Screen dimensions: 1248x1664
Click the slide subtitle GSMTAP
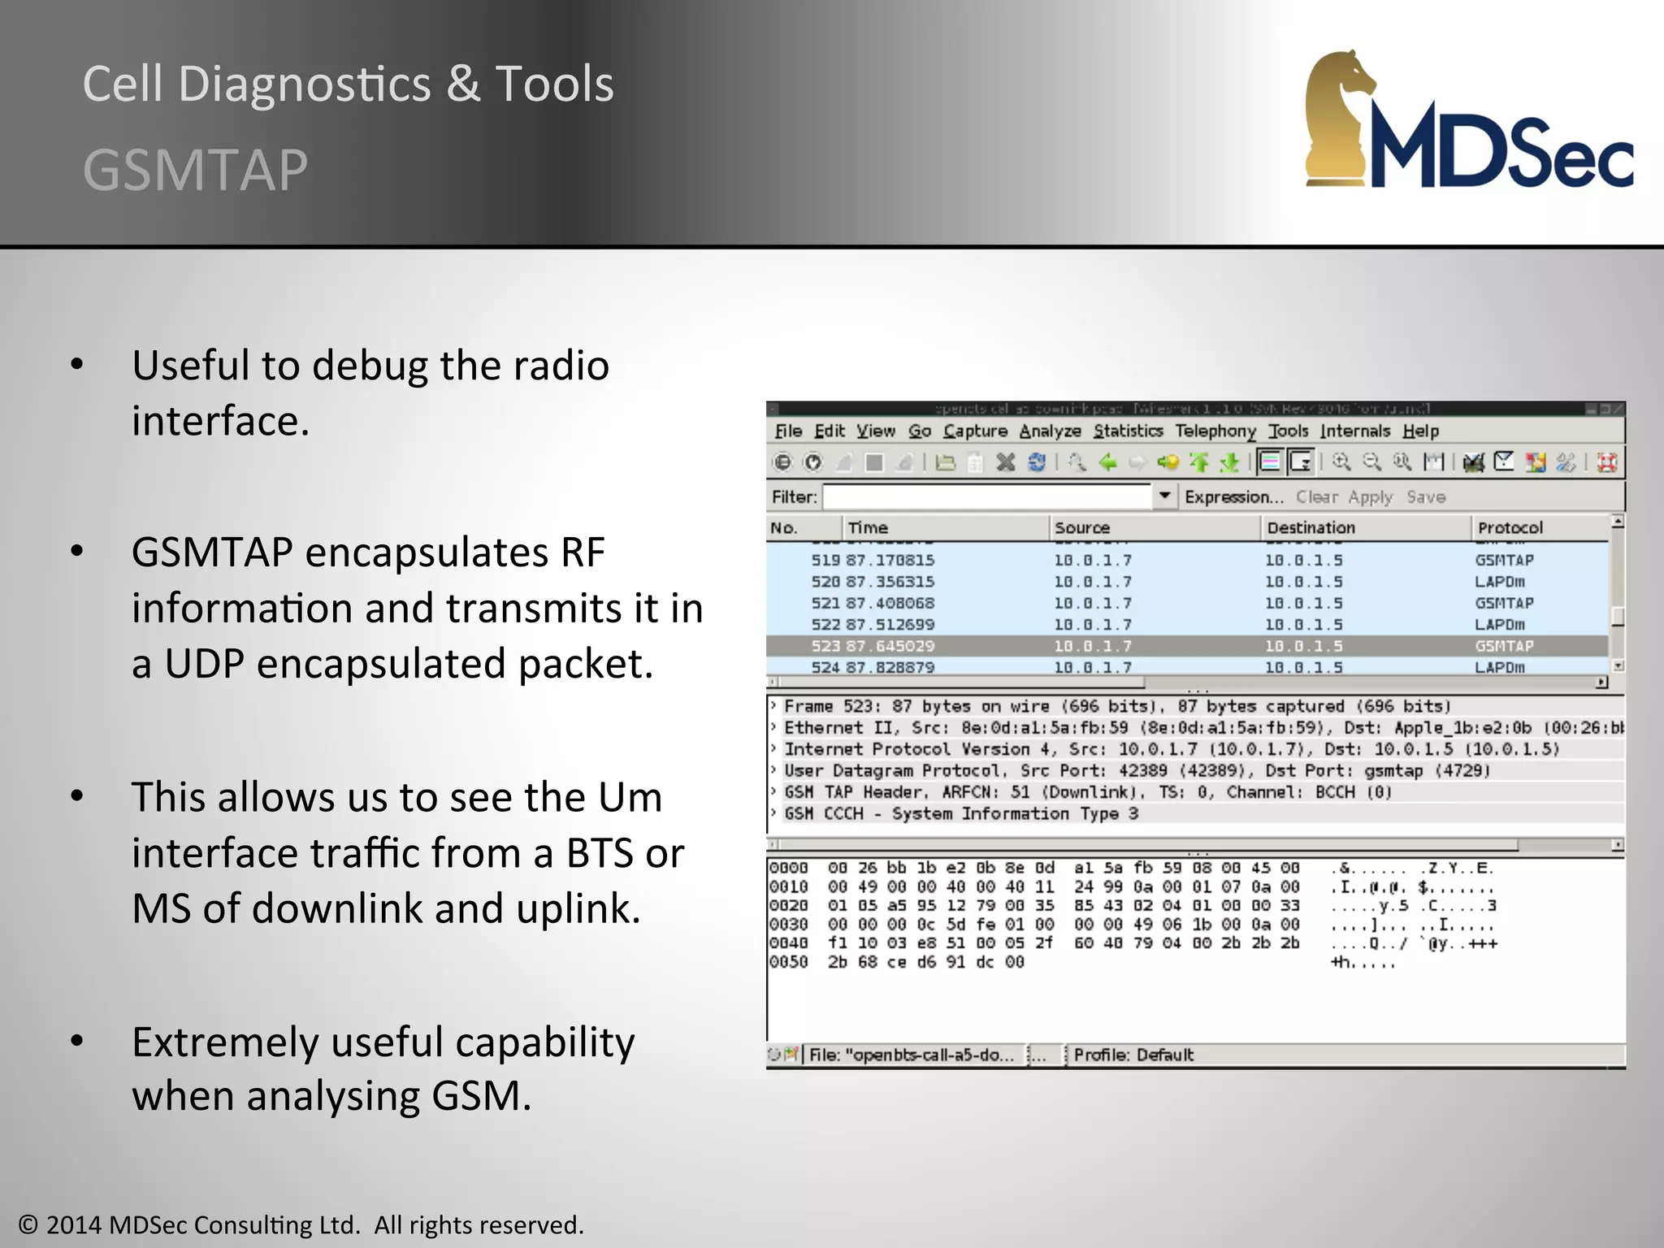[x=195, y=171]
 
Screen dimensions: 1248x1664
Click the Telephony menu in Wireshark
[x=1215, y=431]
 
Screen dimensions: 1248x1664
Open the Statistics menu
[x=1128, y=431]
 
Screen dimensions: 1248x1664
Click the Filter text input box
[x=987, y=496]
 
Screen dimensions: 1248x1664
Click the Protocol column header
[x=1510, y=528]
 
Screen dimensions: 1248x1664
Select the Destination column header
[x=1311, y=528]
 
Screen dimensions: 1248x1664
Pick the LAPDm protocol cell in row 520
[x=1500, y=582]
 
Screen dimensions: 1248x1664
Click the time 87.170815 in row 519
[x=890, y=561]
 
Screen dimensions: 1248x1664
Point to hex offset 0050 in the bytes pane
[x=788, y=962]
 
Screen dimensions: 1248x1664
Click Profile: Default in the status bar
[x=1133, y=1055]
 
